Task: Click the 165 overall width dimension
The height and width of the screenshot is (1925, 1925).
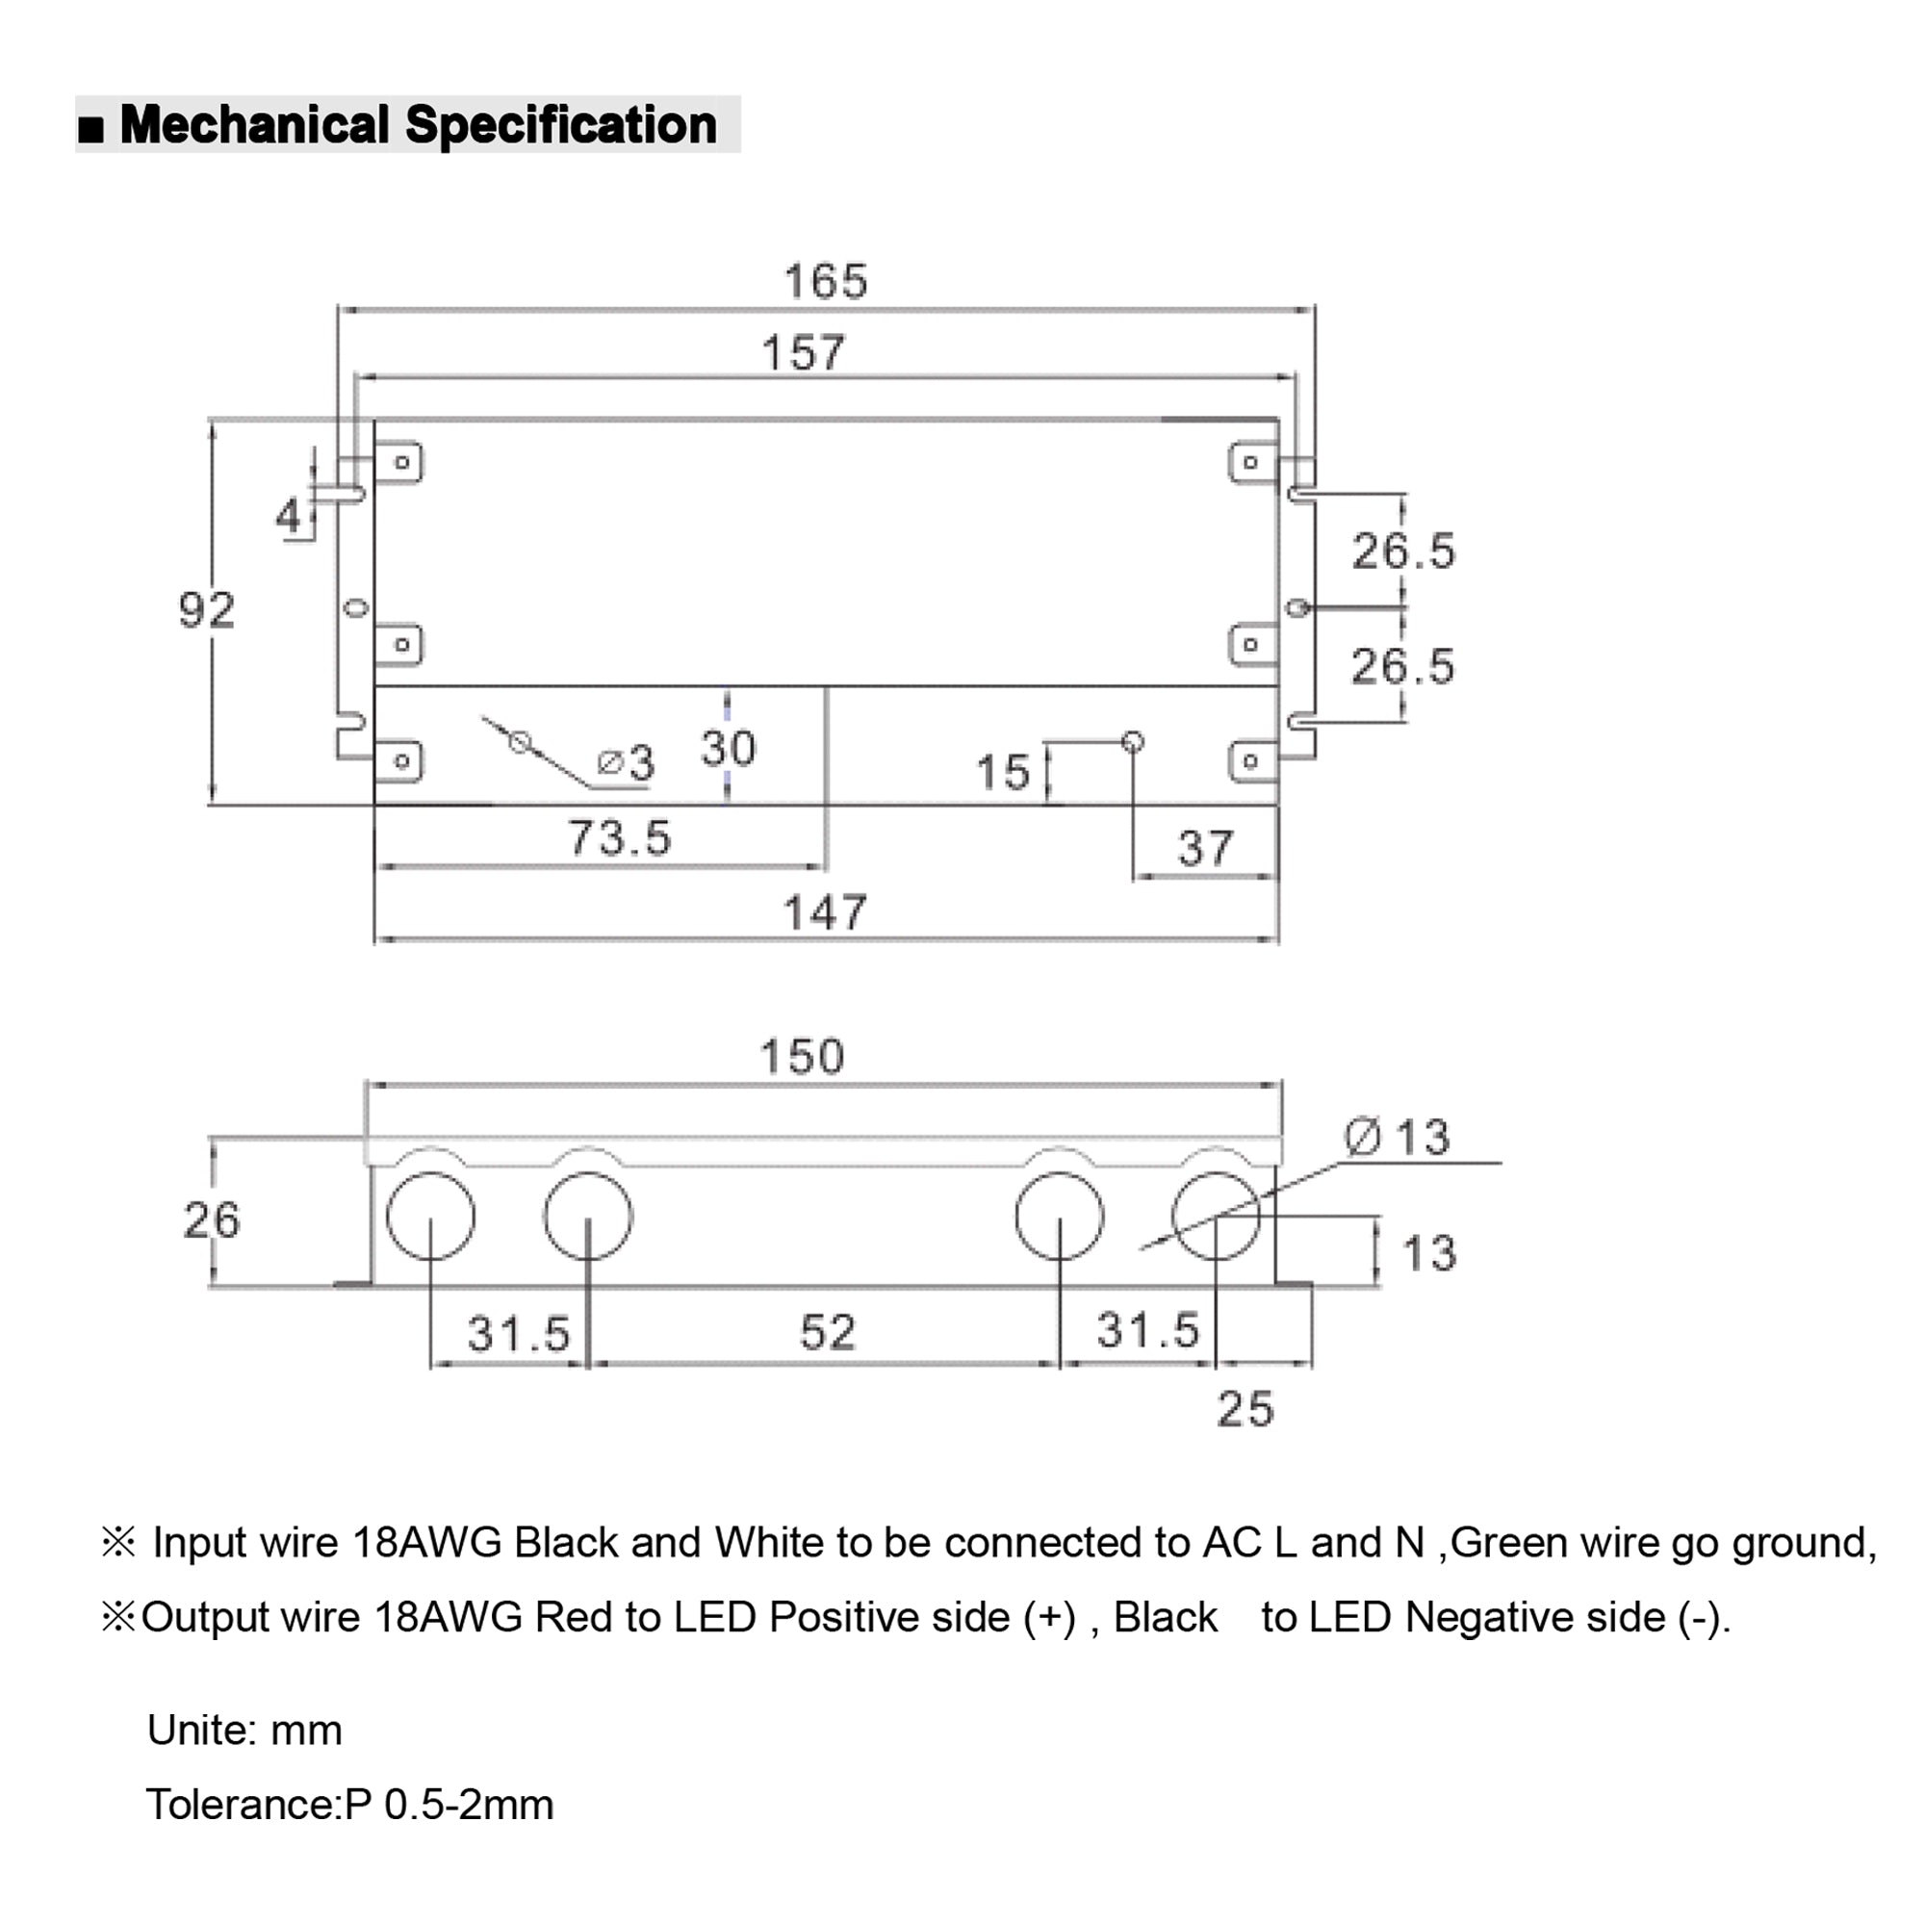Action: [825, 281]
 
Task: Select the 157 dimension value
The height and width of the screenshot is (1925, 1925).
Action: [803, 352]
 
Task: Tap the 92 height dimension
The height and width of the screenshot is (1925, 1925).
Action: [206, 610]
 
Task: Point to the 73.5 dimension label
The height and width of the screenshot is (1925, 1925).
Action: [620, 837]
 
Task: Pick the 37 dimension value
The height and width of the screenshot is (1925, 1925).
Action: [1206, 848]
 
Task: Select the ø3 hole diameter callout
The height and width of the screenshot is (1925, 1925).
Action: [626, 763]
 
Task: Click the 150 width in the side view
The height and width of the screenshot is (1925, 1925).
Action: [802, 1056]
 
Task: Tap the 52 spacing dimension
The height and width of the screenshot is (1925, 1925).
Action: [827, 1332]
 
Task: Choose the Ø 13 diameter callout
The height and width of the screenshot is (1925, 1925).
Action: [1397, 1137]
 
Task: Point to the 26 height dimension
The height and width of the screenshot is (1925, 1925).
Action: [211, 1220]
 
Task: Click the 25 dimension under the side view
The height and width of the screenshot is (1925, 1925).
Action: [1245, 1409]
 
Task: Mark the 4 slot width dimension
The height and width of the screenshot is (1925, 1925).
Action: [288, 515]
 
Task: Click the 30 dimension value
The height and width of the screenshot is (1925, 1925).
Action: [729, 748]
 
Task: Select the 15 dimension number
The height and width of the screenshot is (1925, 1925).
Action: [1002, 772]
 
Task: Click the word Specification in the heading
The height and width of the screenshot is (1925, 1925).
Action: [561, 125]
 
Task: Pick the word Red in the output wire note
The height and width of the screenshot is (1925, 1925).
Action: [574, 1617]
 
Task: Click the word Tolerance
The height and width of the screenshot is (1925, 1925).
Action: [239, 1805]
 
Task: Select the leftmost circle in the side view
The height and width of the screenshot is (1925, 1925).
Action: [430, 1216]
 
